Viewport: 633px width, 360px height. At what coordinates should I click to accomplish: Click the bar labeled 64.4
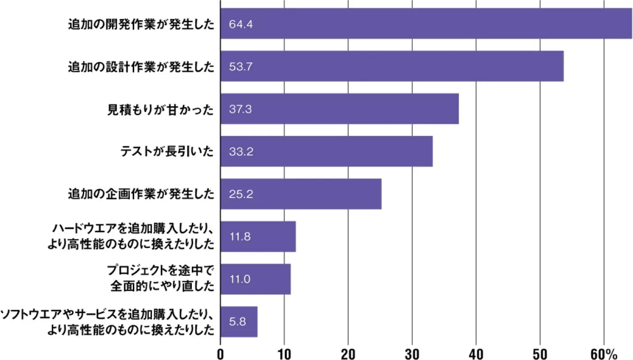pyautogui.click(x=426, y=24)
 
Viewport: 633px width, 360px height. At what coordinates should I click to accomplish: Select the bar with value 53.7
pyautogui.click(x=392, y=66)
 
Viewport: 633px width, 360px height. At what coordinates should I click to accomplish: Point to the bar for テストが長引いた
pyautogui.click(x=326, y=151)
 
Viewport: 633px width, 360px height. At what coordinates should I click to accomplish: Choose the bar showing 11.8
pyautogui.click(x=258, y=236)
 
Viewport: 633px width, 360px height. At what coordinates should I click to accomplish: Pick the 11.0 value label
pyautogui.click(x=240, y=279)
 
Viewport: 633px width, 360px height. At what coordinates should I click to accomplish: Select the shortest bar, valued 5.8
pyautogui.click(x=239, y=321)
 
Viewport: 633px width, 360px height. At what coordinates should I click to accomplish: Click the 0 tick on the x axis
pyautogui.click(x=220, y=354)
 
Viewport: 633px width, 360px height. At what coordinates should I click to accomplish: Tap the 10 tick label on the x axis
pyautogui.click(x=284, y=354)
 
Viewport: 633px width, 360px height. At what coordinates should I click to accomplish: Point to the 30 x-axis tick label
pyautogui.click(x=412, y=354)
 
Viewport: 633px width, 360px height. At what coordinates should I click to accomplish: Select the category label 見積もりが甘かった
pyautogui.click(x=160, y=109)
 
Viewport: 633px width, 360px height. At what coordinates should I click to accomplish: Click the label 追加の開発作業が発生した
pyautogui.click(x=140, y=24)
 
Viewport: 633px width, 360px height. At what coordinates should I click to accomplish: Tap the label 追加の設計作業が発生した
pyautogui.click(x=140, y=67)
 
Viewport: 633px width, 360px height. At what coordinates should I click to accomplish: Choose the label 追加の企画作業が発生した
pyautogui.click(x=140, y=194)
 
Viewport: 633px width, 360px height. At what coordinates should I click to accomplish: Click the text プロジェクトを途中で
pyautogui.click(x=160, y=271)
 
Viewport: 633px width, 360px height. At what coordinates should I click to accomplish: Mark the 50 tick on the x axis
pyautogui.click(x=540, y=354)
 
